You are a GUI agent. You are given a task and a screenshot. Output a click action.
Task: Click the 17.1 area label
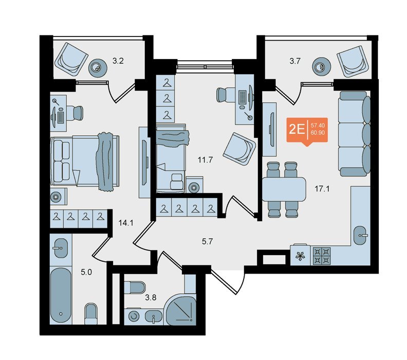pos(322,189)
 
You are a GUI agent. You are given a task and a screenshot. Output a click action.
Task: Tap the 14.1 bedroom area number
pos(125,223)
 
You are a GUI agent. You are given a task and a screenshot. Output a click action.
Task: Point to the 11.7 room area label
pos(205,160)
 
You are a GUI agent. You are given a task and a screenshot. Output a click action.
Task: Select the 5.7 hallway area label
pos(207,242)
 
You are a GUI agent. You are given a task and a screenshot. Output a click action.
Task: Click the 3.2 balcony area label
pos(118,61)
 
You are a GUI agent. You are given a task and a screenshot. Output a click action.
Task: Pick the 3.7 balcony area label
pos(295,61)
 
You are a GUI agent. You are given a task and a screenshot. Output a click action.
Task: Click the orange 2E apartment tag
pos(307,131)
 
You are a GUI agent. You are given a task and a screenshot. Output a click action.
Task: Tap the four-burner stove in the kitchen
pos(322,256)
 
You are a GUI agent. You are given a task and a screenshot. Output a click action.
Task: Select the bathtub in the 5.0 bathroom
pos(61,295)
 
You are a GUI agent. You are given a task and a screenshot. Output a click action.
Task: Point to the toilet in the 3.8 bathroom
pos(135,287)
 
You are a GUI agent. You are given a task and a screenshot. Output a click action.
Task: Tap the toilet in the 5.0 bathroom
pos(91,314)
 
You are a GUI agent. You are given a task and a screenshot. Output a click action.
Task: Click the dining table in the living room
pos(284,189)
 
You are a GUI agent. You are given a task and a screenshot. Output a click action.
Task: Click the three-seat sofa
pos(354,134)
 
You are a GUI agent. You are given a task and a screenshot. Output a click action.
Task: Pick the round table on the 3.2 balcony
pos(98,68)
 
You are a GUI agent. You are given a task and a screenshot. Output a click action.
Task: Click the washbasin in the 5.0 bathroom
pos(61,248)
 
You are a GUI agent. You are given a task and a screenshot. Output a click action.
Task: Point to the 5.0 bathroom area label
pos(86,272)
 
